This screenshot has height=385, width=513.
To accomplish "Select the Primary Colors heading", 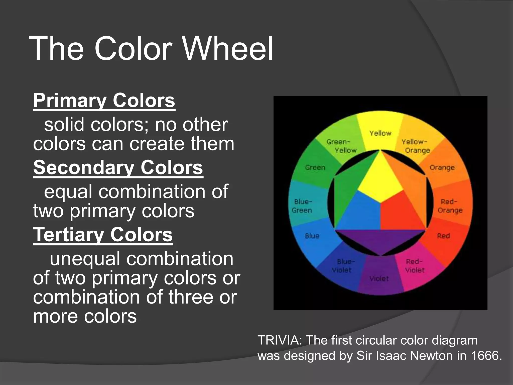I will (x=104, y=100).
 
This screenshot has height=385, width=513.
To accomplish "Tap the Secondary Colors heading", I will (x=118, y=167).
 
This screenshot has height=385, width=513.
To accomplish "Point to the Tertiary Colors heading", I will (x=103, y=234).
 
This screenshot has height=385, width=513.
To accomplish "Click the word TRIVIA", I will (x=280, y=340).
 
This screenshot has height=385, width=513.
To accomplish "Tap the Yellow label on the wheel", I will (x=380, y=133).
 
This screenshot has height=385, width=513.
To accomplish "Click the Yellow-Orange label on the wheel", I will (x=416, y=146).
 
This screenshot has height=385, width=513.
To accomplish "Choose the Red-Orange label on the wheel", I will (x=450, y=206).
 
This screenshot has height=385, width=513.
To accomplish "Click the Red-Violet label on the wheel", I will (x=415, y=266).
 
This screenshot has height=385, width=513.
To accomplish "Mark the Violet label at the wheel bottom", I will (x=379, y=279).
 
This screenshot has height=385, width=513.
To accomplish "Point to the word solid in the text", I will (x=64, y=125).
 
